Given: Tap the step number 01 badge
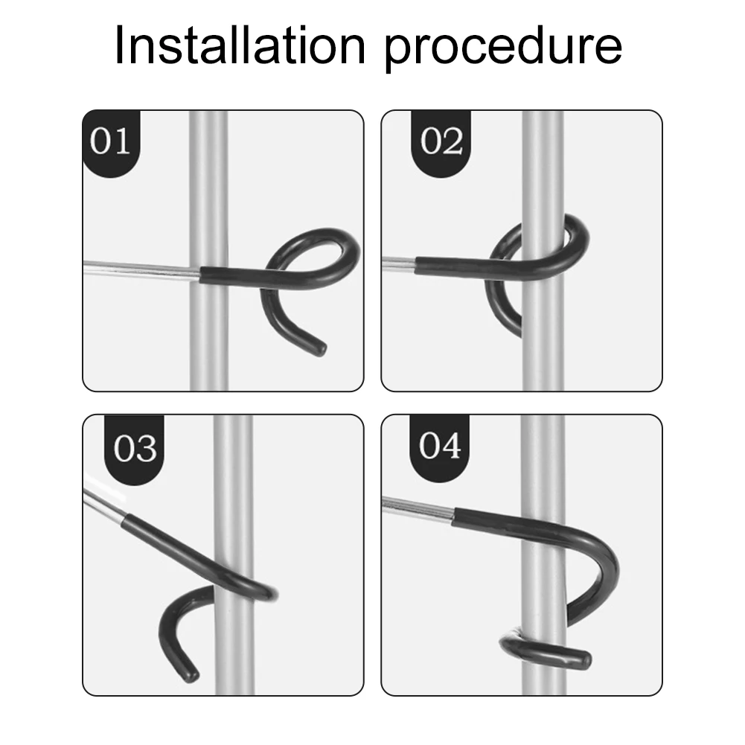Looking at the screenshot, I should [110, 141].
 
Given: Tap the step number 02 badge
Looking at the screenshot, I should [441, 141].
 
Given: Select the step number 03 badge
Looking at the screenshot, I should [135, 448].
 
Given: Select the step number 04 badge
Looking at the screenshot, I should [440, 447].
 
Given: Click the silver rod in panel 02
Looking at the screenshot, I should [397, 261].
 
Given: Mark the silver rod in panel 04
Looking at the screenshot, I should [417, 509].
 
